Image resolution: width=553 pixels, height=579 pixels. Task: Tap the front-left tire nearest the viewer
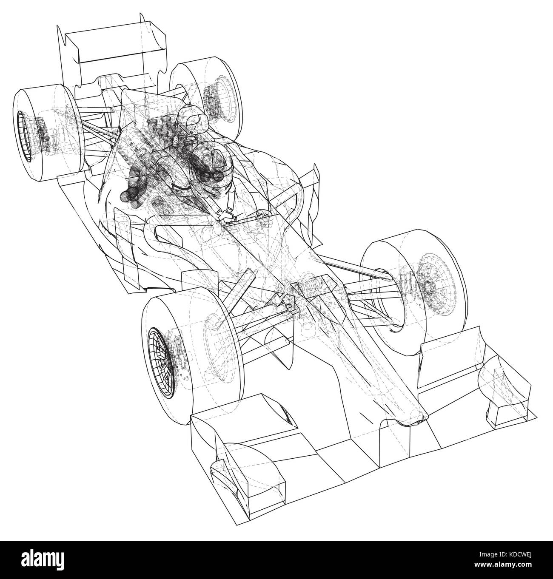click(x=188, y=353)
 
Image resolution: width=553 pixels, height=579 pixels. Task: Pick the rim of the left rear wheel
click(x=25, y=136)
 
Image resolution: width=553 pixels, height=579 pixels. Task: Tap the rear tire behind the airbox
click(x=206, y=97)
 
